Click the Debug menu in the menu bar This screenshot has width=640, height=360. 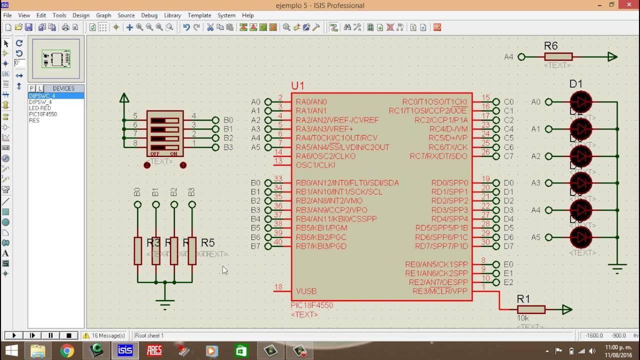[149, 15]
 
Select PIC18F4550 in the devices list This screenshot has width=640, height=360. [43, 114]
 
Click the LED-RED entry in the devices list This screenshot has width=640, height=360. [40, 108]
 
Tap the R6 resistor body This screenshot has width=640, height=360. [558, 57]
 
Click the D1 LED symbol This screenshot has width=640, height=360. [581, 102]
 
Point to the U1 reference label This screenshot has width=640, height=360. [297, 86]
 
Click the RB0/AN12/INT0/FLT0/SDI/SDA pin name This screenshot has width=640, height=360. [347, 183]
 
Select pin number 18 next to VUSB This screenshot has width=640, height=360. [278, 287]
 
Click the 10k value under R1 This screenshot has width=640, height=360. [523, 318]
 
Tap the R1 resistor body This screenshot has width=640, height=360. [531, 309]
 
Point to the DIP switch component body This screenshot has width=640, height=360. [165, 133]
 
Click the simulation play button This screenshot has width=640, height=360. [14, 335]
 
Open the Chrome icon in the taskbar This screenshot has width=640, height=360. [66, 350]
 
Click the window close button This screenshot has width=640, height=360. [628, 5]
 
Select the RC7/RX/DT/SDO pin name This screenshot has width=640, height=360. [438, 156]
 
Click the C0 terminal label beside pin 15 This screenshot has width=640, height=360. [508, 101]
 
